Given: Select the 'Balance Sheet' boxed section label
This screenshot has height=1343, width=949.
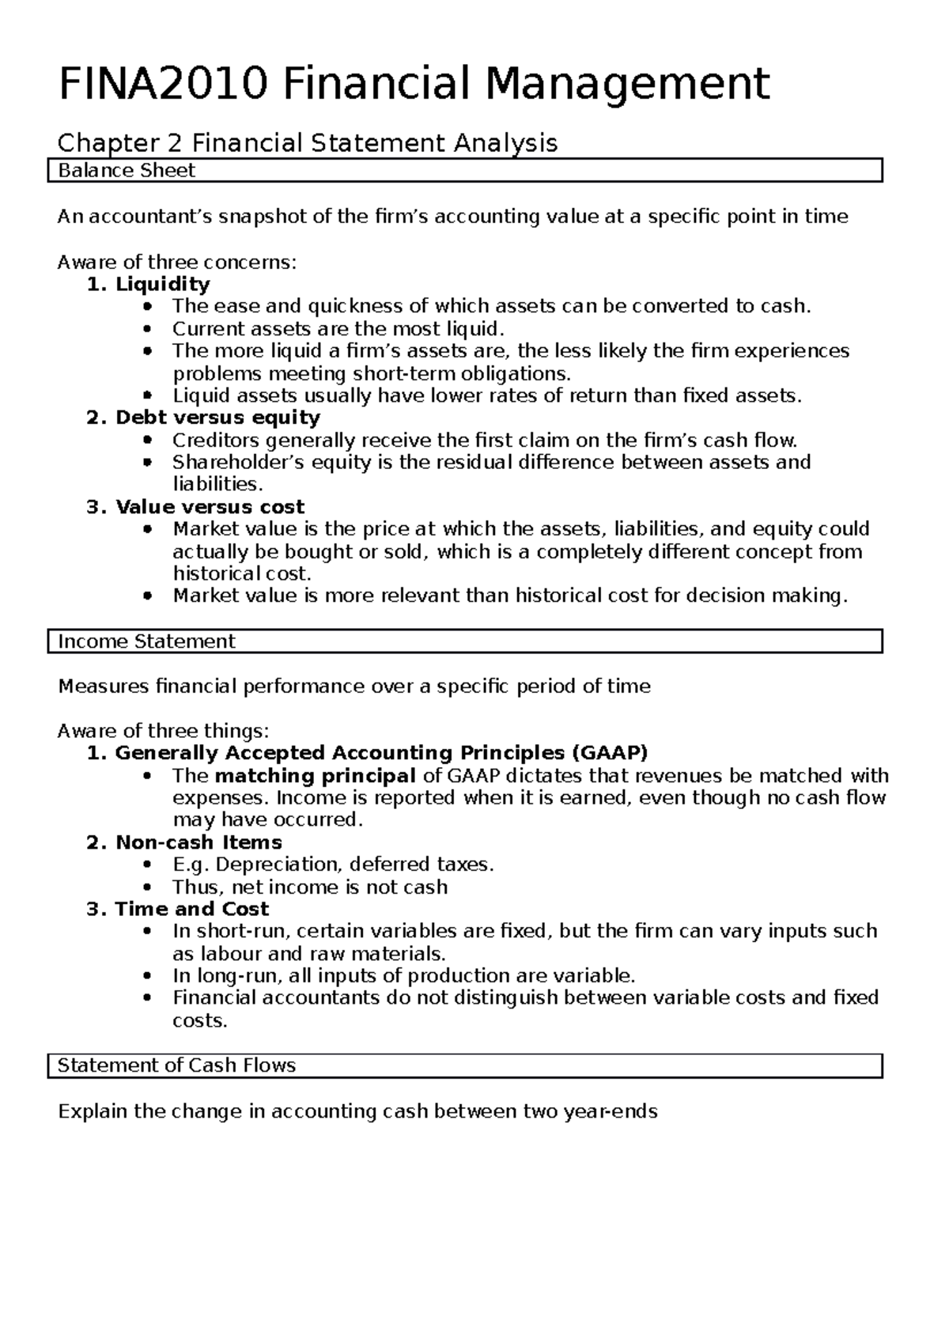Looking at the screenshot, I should click(127, 171).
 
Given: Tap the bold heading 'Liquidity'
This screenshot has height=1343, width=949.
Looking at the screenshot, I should click(162, 284).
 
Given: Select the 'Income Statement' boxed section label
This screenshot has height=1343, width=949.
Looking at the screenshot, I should click(146, 641).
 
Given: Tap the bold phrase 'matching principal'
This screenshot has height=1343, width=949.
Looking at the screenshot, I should click(315, 775).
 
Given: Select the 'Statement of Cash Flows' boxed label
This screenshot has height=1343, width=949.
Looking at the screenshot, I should click(176, 1065).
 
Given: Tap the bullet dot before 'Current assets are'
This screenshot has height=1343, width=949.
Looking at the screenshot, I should click(148, 329).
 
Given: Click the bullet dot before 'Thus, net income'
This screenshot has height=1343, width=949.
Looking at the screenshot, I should click(148, 887).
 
